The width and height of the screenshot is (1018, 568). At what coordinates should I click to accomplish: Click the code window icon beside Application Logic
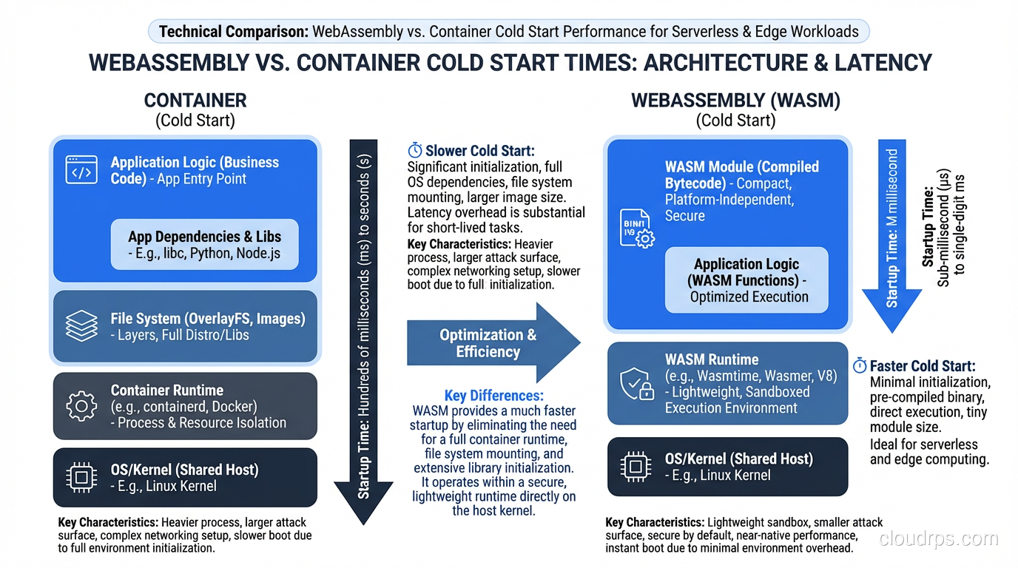coord(81,170)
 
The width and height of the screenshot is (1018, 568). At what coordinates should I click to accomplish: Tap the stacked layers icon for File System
coord(81,326)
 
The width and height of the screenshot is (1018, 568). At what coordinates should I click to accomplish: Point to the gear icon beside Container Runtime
coord(81,405)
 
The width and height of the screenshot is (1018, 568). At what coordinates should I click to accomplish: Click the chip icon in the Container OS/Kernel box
coord(81,476)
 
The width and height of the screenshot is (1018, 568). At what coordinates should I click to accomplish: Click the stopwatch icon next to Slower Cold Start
coord(415,151)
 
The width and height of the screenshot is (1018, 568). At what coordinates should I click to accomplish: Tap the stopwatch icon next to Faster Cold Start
coord(860,366)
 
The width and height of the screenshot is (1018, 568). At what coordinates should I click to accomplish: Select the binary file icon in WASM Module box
coord(635,227)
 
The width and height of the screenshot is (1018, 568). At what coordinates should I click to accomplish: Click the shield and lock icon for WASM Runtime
coord(636,384)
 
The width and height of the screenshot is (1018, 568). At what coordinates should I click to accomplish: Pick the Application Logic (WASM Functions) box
coord(746,280)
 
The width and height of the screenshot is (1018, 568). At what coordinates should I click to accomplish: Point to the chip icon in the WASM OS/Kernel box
coord(635,467)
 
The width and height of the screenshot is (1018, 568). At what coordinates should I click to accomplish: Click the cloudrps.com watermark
coord(938,539)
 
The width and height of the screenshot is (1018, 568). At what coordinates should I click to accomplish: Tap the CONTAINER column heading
coord(195,101)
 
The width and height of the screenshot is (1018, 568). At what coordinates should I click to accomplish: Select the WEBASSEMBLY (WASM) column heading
coord(735,101)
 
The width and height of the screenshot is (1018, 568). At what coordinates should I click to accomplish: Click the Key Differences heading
coord(493,396)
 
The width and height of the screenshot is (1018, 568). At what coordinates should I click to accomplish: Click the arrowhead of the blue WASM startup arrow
coord(891,311)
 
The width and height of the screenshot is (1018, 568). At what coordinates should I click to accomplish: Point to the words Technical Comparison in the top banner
coord(233,31)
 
